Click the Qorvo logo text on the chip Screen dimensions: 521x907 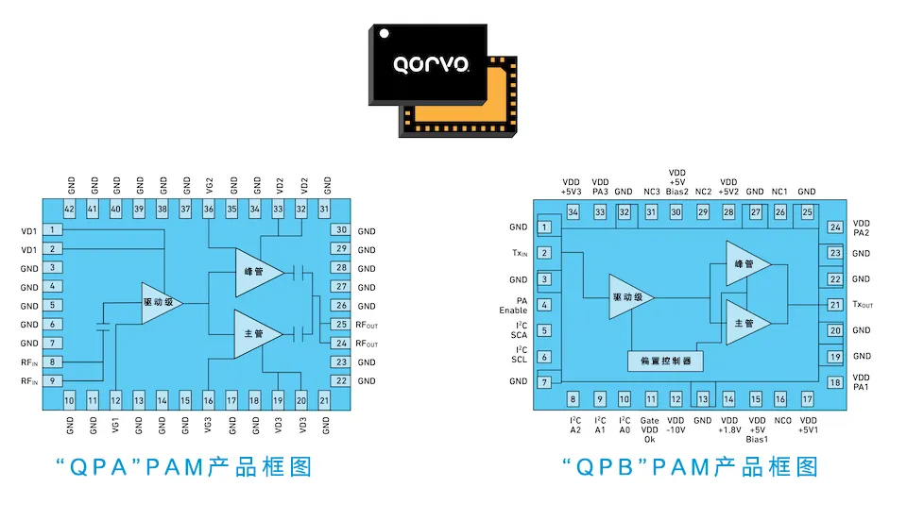(432, 65)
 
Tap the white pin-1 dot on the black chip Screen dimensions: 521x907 (385, 34)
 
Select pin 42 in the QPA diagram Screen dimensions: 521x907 (70, 209)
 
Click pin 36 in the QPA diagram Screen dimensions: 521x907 (209, 209)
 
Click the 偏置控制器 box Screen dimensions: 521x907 (665, 361)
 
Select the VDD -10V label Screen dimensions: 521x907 (676, 426)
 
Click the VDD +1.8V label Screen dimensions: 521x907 (728, 426)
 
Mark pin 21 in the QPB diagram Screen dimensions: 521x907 (834, 305)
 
